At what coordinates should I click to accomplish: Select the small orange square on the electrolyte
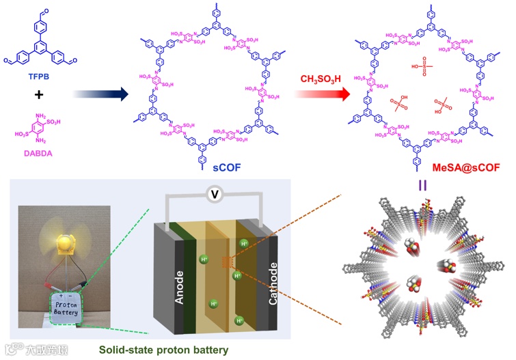click(228, 260)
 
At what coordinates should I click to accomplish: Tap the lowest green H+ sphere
click(239, 320)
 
